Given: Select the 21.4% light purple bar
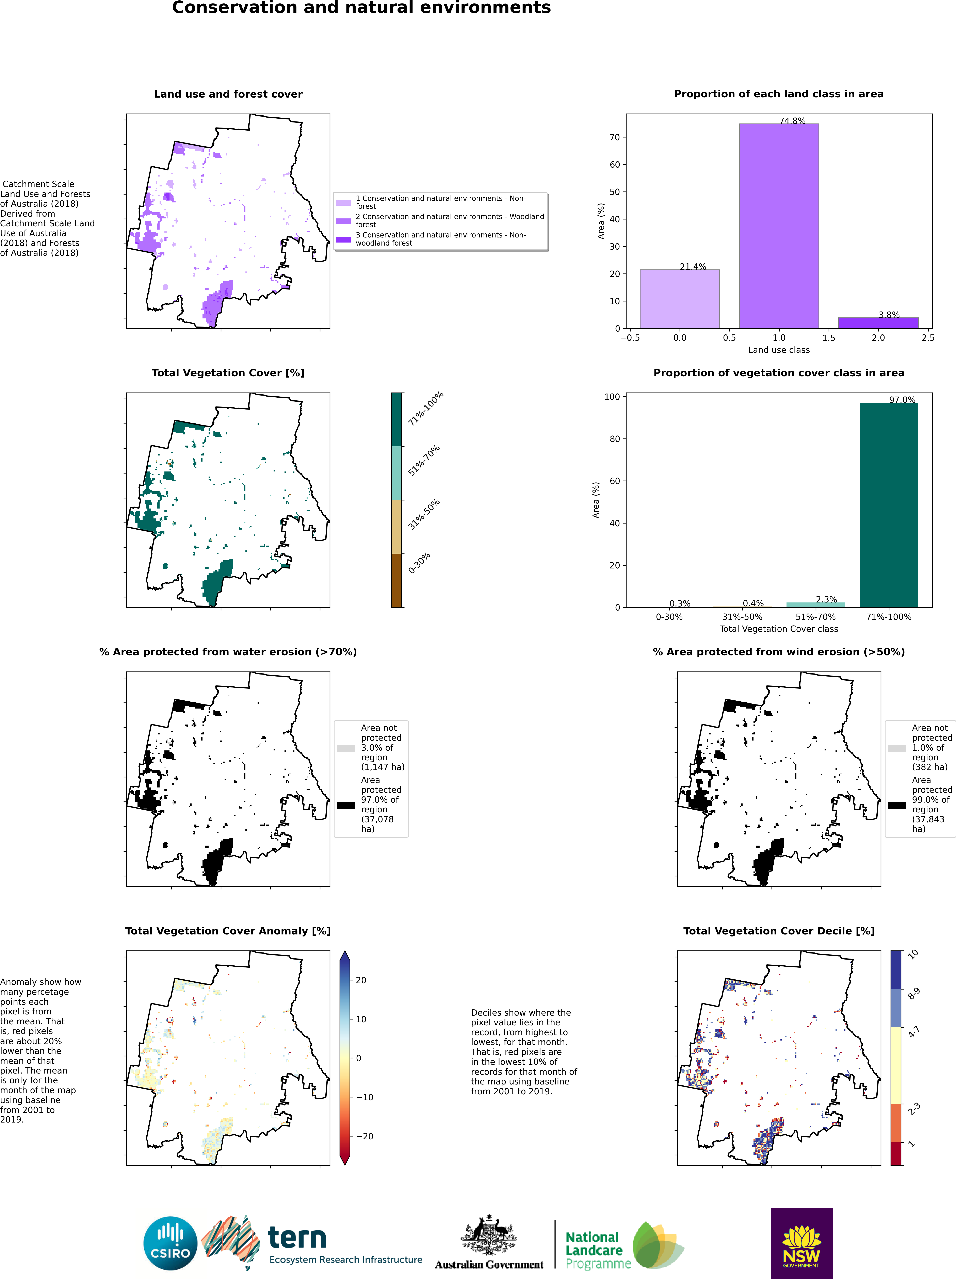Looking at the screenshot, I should tap(680, 299).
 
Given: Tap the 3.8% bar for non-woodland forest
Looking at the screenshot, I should tap(878, 323).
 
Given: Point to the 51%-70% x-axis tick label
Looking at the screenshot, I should tap(815, 617).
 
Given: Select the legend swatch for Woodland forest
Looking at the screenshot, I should tap(343, 221).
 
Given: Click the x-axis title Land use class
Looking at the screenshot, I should tap(778, 350).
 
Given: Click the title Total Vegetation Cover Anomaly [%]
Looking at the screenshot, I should tap(228, 931).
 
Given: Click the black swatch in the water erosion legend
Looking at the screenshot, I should tap(346, 805).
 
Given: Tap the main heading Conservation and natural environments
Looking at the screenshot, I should tap(361, 8).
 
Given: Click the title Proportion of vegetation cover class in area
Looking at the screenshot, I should tap(778, 373).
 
